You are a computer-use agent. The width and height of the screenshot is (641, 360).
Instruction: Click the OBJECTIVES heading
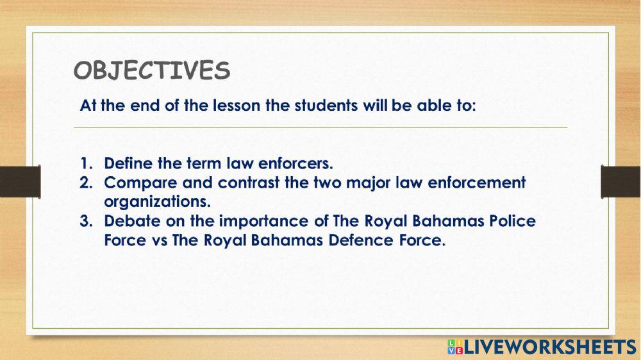point(151,70)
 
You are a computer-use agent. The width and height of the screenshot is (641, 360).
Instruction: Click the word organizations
point(157,201)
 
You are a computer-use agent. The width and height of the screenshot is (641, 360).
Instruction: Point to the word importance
point(254,222)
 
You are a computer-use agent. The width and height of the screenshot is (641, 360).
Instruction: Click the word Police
point(512,221)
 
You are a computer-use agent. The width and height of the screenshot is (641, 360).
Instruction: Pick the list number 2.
point(85,183)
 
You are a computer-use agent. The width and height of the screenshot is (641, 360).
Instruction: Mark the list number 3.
point(85,221)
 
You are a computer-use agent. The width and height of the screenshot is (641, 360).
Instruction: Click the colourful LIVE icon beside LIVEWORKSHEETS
point(454,347)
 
